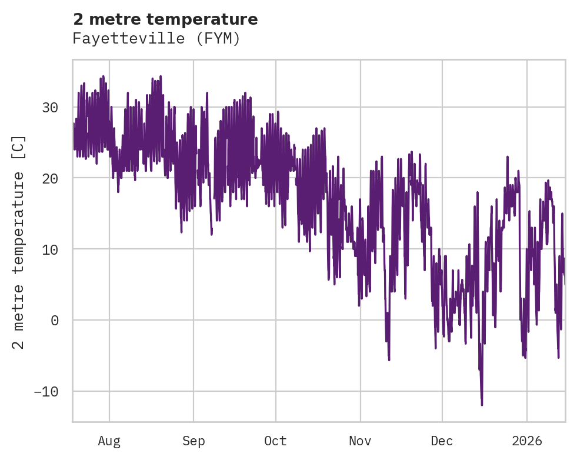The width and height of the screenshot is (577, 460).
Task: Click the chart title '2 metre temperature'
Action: [x=165, y=19]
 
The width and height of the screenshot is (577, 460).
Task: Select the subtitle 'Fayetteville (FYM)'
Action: [x=156, y=39]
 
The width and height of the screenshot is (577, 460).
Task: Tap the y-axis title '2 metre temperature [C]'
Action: [x=19, y=242]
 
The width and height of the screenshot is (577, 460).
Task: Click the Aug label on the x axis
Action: [x=109, y=441]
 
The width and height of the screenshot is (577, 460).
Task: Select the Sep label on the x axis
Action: [x=194, y=441]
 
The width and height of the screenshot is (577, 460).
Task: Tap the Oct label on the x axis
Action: [x=275, y=441]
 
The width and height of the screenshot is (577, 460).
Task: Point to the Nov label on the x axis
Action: [x=360, y=441]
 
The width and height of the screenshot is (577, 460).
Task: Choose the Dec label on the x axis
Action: [x=442, y=441]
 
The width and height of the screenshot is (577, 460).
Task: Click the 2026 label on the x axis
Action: [x=526, y=441]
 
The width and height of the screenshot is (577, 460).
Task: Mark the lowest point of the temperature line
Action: [x=482, y=405]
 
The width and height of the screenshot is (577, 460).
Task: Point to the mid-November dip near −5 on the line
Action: [x=389, y=359]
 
